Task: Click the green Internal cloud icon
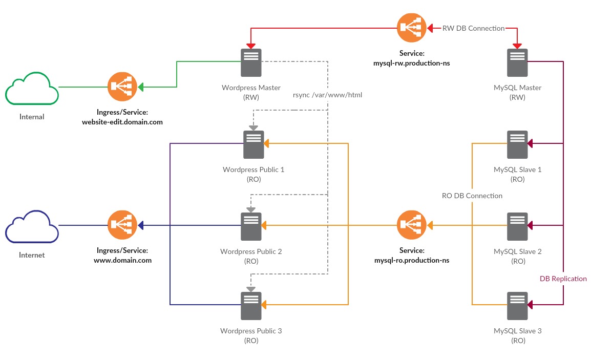tap(32, 90)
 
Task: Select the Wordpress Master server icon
tap(251, 62)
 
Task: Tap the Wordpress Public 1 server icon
tap(254, 144)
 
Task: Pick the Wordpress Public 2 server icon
tap(251, 226)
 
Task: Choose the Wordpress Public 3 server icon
tap(251, 306)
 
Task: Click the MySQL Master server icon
tap(517, 62)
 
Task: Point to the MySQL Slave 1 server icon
tap(517, 144)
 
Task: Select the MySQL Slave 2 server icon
tap(517, 226)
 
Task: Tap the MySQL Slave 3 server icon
tap(517, 306)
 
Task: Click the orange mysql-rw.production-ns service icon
tap(412, 28)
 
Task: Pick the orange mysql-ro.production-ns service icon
tap(412, 225)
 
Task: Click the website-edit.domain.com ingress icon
tap(122, 87)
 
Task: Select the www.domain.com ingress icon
tap(122, 225)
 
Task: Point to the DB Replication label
tap(563, 279)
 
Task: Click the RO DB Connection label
tap(472, 196)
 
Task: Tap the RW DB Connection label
tap(473, 28)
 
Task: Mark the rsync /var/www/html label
tap(327, 95)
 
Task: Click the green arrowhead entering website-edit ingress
tap(140, 87)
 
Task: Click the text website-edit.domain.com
tap(122, 122)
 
